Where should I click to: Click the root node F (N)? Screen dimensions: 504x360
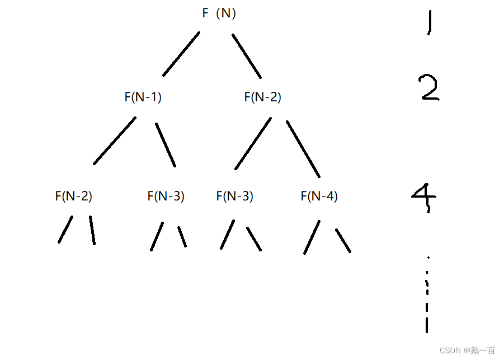coord(219,14)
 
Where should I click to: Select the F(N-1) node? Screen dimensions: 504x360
coord(143,97)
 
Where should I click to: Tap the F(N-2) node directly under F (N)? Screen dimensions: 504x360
coord(262,97)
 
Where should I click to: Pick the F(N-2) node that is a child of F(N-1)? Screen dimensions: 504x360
coord(73,197)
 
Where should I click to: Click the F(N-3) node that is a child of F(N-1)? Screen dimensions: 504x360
coord(166,197)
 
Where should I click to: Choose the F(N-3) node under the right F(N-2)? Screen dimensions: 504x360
coord(234,197)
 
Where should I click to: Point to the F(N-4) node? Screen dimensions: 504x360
coord(319,197)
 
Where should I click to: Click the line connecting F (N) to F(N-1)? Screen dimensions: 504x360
coord(181,54)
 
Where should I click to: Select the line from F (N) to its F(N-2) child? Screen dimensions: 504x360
coord(247,56)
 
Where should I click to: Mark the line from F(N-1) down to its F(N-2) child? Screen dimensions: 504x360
coord(115,141)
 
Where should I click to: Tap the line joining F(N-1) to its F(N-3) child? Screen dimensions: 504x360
coord(166,144)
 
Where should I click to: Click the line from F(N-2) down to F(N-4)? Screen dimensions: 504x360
coord(303,148)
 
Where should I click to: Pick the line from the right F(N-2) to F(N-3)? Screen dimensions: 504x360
coord(253,143)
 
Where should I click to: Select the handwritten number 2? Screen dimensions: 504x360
coord(429,88)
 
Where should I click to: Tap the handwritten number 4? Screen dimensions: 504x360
coord(424,197)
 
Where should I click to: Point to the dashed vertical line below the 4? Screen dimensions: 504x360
coord(427,297)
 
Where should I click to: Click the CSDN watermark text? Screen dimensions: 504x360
coord(467,350)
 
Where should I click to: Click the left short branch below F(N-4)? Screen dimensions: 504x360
coord(312,237)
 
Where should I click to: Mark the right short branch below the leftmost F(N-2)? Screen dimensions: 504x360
coord(92,230)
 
